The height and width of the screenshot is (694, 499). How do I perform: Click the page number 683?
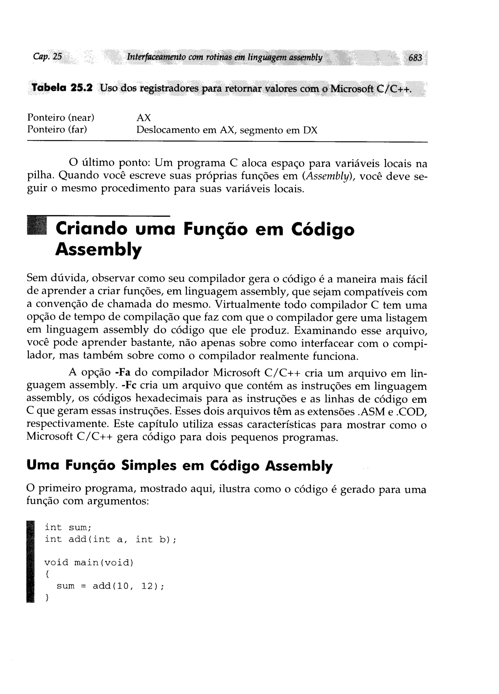coord(415,58)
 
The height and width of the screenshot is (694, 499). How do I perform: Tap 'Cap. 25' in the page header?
coord(48,57)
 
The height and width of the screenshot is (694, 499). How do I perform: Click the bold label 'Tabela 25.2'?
coord(62,88)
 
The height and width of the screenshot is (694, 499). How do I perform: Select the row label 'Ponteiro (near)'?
coord(61,117)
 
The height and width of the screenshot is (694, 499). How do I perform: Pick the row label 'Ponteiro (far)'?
coord(57,130)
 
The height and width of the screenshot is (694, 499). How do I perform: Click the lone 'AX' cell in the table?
coord(144,118)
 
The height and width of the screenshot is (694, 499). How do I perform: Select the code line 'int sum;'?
coord(68,528)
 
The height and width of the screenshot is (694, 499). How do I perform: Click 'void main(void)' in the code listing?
coord(89,562)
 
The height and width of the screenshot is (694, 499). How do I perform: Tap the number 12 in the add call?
coord(147,586)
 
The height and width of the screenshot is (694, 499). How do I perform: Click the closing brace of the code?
coord(47,597)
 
